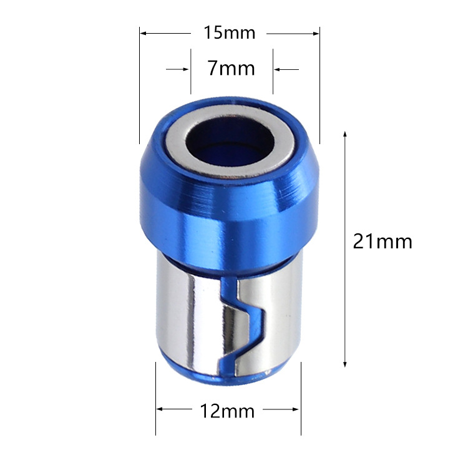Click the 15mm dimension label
230,32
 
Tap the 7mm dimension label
231,67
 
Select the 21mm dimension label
383,241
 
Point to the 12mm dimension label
227,411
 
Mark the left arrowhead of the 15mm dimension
143,32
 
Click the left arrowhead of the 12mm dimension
159,410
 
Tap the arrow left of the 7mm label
185,69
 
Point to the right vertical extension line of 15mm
319,87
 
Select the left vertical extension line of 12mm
155,399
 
